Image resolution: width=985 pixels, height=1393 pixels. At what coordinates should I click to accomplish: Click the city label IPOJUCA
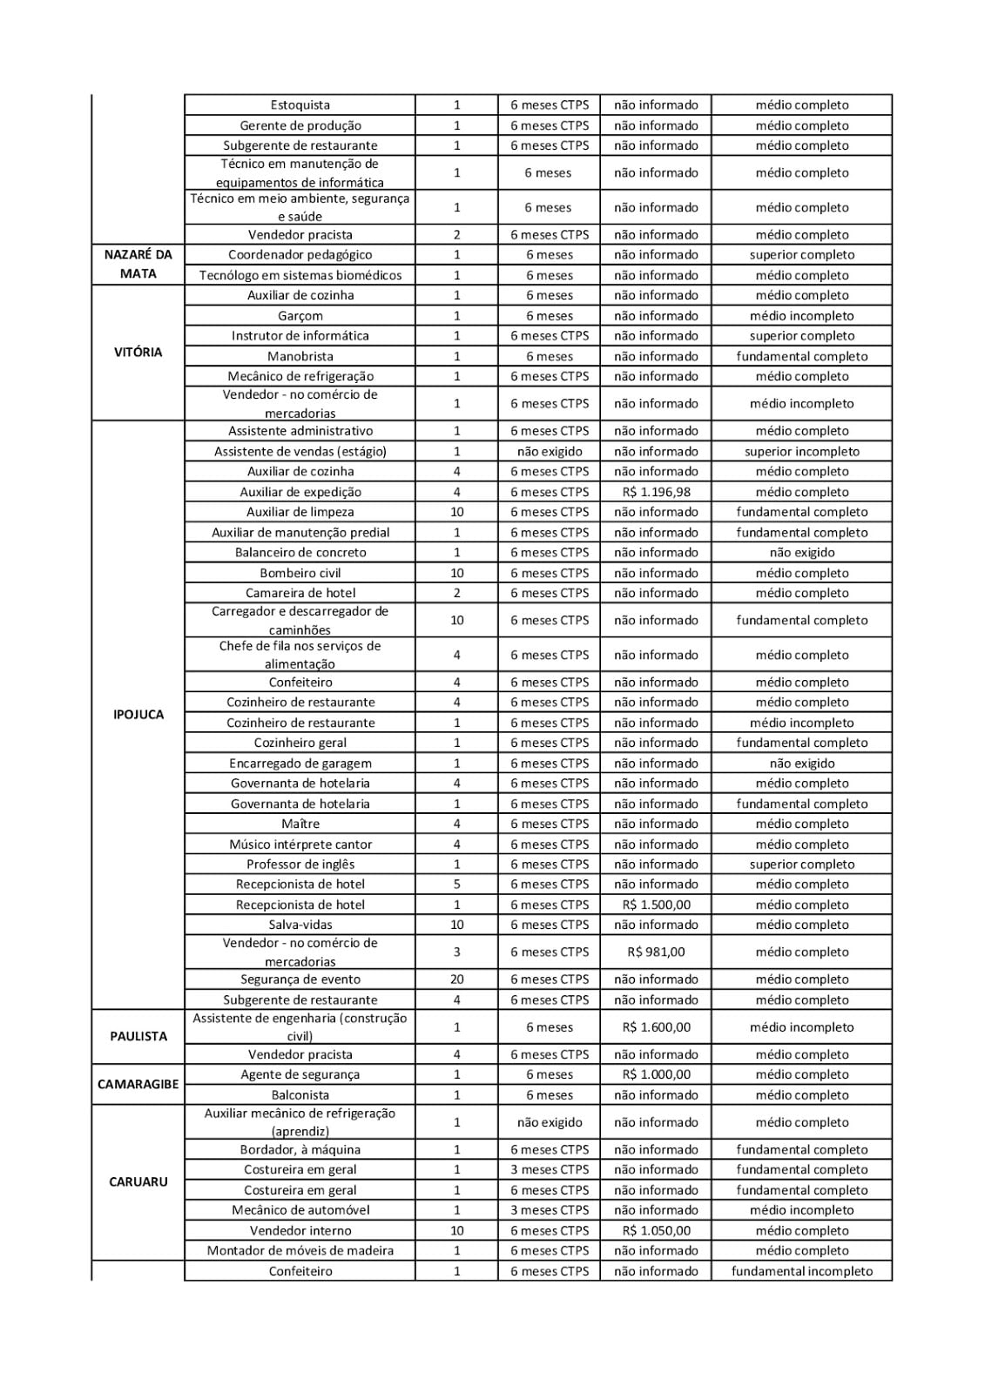pos(138,715)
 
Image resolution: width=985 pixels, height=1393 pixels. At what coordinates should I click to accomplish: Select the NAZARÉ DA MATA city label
pos(138,264)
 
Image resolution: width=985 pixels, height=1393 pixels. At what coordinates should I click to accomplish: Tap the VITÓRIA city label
pos(138,353)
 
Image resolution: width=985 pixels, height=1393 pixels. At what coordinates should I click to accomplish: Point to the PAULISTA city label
pos(138,1036)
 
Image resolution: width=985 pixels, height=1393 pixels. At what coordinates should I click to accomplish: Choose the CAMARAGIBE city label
pos(138,1084)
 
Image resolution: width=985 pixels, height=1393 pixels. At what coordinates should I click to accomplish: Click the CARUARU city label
pos(138,1181)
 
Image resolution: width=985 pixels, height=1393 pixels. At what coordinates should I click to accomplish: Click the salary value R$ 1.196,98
pos(656,492)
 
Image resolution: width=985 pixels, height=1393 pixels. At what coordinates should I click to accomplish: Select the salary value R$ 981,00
pos(656,952)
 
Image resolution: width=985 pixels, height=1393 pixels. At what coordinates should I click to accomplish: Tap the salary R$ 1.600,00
pos(656,1027)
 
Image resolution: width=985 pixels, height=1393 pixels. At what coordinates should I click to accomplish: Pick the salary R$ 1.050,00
pos(656,1230)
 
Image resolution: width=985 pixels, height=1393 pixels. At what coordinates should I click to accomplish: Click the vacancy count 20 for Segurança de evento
pos(456,979)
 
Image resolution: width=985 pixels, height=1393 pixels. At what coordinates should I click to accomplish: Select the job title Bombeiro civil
pos(300,573)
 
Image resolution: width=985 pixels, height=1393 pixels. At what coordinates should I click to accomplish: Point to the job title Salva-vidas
pos(300,925)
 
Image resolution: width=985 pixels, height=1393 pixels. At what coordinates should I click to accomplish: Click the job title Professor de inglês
pos(300,865)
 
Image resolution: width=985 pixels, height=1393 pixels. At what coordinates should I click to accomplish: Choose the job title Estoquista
pos(300,105)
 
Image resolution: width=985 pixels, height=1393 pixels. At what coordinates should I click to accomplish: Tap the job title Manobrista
pos(300,356)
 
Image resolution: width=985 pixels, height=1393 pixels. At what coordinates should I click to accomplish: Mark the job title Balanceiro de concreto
pos(300,553)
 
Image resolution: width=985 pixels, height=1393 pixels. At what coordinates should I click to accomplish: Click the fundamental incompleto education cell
pos(801,1271)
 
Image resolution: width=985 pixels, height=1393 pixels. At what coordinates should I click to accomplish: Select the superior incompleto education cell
pos(801,452)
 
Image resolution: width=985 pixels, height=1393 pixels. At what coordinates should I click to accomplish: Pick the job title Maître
pos(300,824)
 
